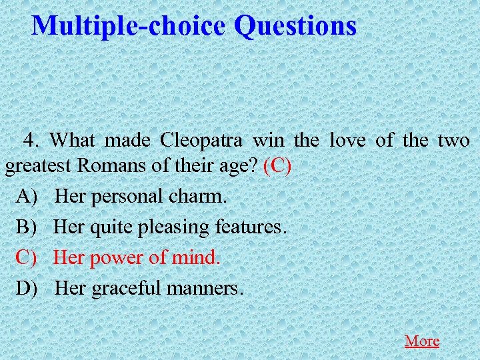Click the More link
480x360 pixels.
click(x=421, y=341)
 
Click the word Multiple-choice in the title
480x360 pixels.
click(x=129, y=26)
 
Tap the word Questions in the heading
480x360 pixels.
click(x=295, y=26)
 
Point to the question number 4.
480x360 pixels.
click(x=32, y=140)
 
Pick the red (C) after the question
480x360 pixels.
click(x=277, y=165)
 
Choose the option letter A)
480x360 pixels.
click(x=29, y=197)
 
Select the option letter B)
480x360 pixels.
click(x=29, y=227)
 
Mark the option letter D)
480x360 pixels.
click(x=29, y=288)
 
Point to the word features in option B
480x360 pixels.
click(x=251, y=227)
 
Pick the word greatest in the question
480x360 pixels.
click(x=39, y=167)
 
